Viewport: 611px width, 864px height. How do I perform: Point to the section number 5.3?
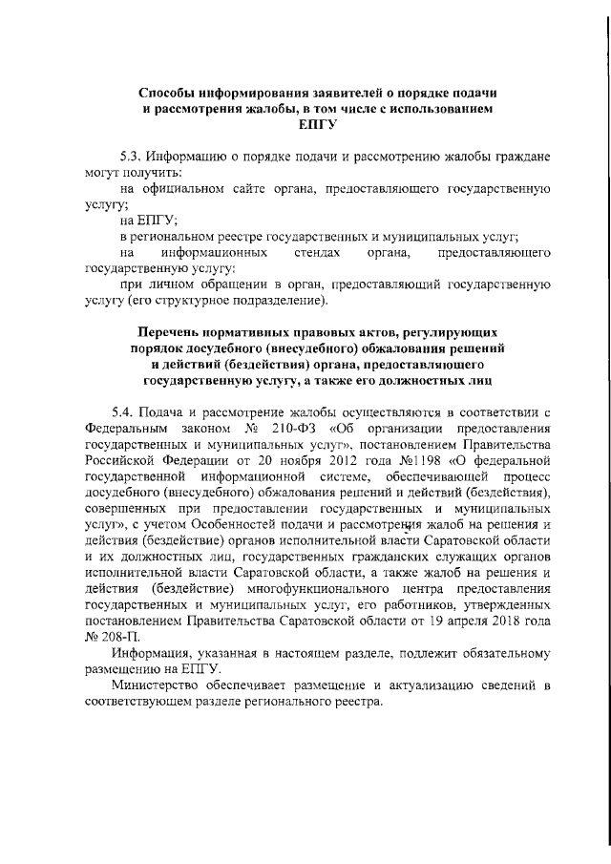pos(133,157)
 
